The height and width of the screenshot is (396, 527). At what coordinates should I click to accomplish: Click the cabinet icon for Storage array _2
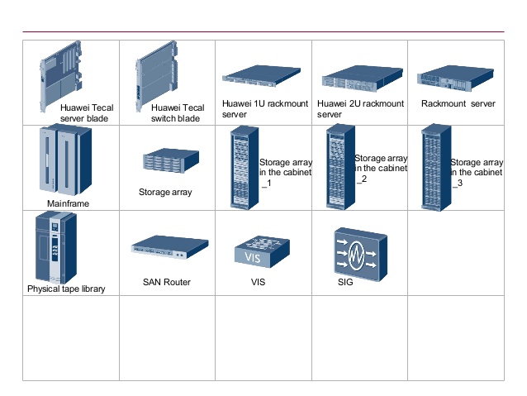(339, 167)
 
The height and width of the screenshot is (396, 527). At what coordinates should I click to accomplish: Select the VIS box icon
(262, 250)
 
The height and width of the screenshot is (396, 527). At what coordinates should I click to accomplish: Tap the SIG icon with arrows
(358, 251)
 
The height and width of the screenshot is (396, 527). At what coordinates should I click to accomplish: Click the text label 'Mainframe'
(68, 203)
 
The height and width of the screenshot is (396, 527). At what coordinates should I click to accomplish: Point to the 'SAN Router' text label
(166, 283)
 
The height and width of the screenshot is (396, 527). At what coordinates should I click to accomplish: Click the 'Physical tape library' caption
(66, 289)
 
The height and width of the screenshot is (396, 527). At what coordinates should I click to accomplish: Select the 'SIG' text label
(345, 283)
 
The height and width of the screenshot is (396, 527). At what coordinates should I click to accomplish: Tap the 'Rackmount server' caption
(458, 104)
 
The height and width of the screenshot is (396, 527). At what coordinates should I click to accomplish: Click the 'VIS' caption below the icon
(258, 283)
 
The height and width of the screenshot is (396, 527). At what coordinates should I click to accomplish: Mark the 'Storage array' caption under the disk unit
(165, 192)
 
